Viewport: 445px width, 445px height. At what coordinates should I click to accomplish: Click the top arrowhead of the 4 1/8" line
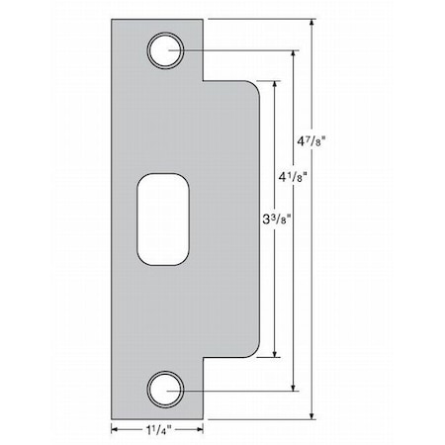295,51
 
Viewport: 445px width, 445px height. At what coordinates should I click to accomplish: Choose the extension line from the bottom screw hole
237,390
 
